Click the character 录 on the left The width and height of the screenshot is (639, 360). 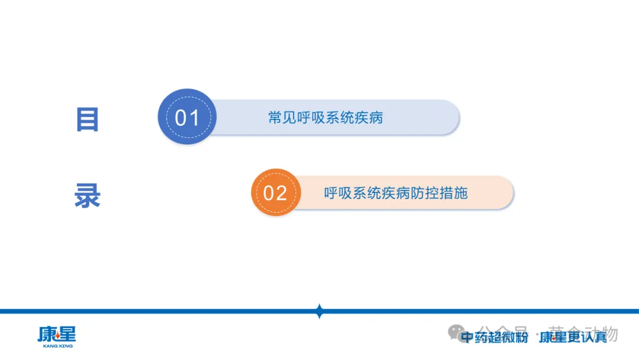(x=87, y=196)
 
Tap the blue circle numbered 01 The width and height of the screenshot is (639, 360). (x=187, y=117)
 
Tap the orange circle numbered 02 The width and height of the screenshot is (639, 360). (x=275, y=192)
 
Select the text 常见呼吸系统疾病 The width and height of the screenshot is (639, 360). (x=325, y=117)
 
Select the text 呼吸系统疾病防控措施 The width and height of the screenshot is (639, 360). (x=396, y=192)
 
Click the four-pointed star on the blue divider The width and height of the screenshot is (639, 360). (x=319, y=311)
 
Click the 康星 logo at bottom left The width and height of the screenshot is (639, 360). (x=57, y=335)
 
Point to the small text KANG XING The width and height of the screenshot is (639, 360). (x=58, y=346)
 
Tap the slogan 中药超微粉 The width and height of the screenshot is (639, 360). (x=494, y=337)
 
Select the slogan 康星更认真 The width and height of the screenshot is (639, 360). (x=573, y=337)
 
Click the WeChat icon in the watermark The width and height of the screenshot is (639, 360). (x=457, y=332)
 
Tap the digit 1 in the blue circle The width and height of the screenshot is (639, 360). (x=195, y=118)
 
